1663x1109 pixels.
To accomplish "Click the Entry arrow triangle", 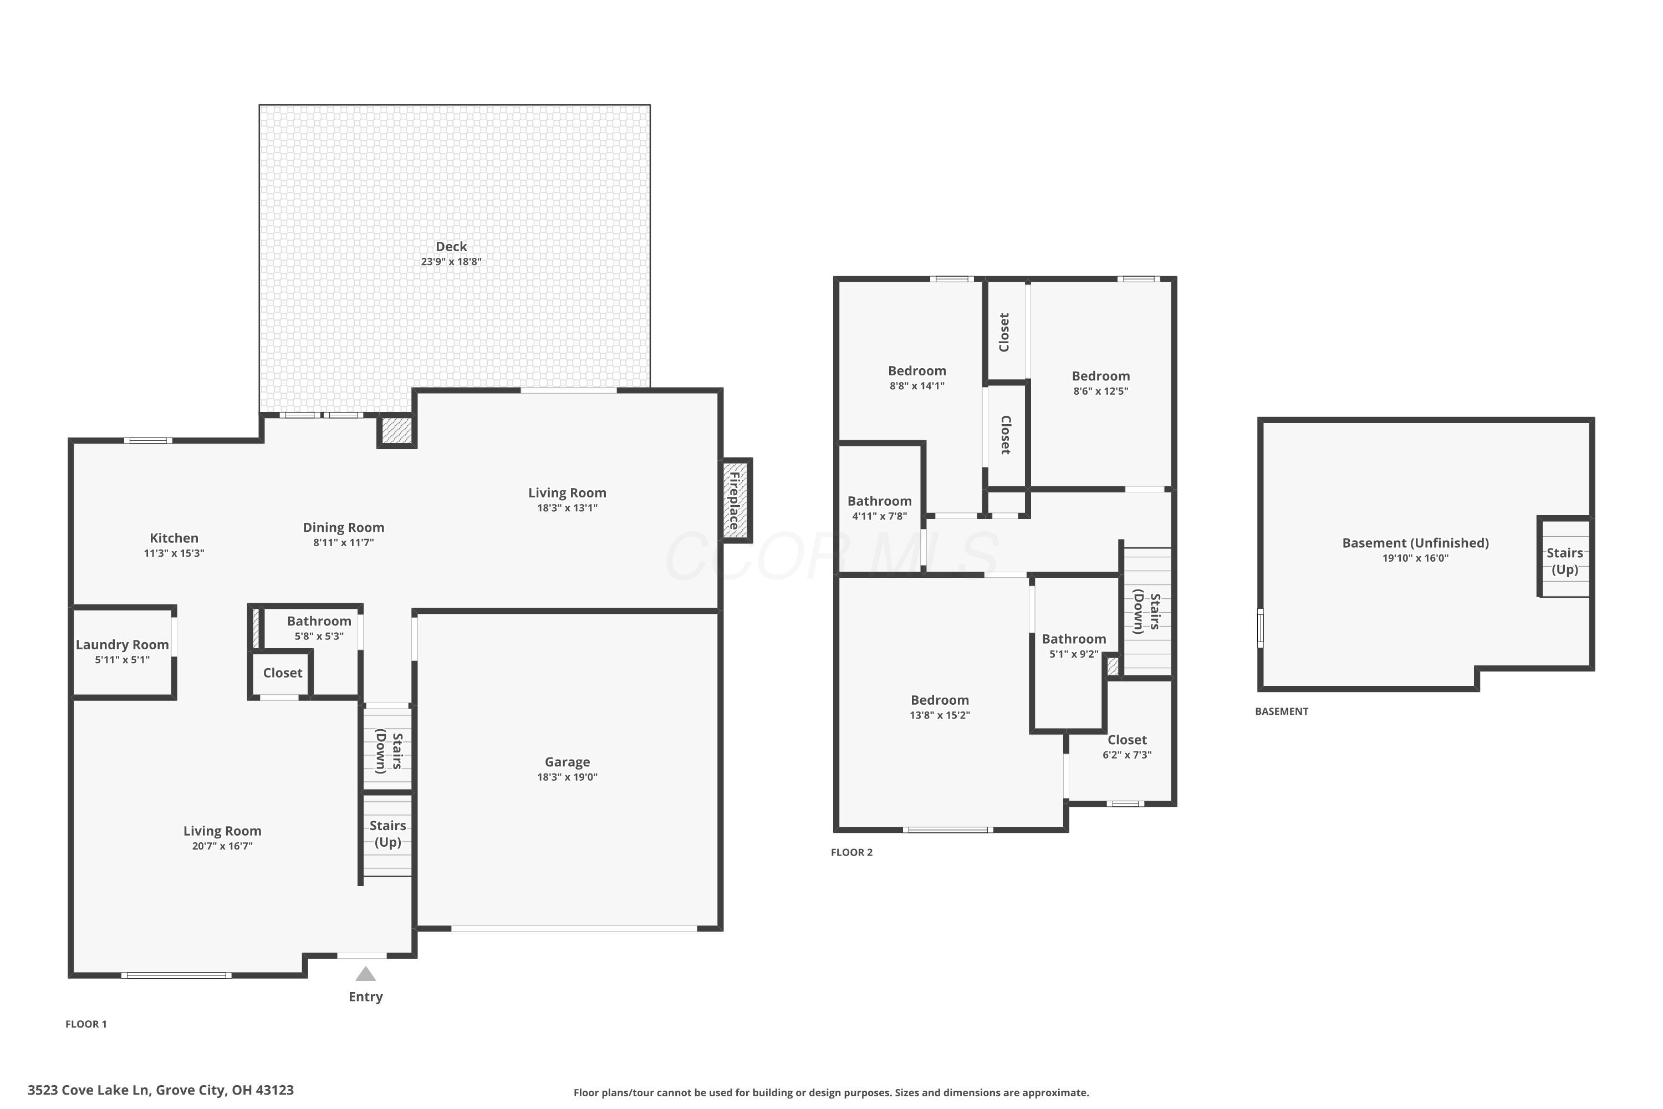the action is [x=365, y=975].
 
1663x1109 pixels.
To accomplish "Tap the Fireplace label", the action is [x=734, y=501].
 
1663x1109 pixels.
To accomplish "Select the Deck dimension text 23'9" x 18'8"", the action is [x=451, y=262].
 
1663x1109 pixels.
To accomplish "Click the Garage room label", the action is [x=567, y=762].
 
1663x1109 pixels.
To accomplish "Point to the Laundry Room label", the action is [x=123, y=645].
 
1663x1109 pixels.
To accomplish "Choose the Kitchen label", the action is [x=174, y=538].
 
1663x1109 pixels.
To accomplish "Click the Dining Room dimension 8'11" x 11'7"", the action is [x=344, y=542].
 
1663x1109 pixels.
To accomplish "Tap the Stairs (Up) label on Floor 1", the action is [x=387, y=834].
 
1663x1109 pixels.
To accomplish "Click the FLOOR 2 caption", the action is [x=851, y=852].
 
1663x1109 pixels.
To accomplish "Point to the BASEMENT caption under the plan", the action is [x=1281, y=711].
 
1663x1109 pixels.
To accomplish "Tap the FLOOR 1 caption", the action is [x=86, y=1024].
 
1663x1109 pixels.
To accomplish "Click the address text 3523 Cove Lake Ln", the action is [x=88, y=1090].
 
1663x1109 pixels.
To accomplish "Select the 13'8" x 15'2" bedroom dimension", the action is [x=940, y=715].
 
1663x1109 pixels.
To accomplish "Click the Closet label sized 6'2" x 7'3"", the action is [x=1127, y=740].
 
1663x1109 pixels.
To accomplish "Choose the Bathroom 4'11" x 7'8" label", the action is [x=880, y=501].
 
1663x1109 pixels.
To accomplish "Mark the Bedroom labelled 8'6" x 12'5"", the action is [x=1101, y=377].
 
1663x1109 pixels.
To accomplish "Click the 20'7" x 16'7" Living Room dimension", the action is [x=222, y=846].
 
